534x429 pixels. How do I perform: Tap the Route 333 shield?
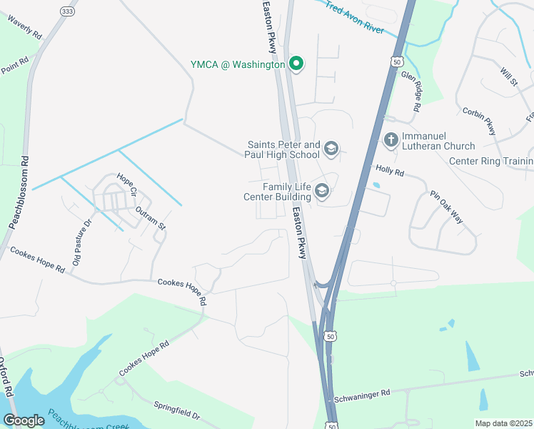pyautogui.click(x=67, y=12)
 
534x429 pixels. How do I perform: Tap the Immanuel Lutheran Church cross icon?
pyautogui.click(x=391, y=139)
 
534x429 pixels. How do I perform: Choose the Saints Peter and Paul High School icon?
pyautogui.click(x=331, y=148)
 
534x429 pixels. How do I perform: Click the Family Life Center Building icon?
pyautogui.click(x=322, y=189)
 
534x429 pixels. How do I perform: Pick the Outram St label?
pyautogui.click(x=150, y=217)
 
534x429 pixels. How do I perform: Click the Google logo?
pyautogui.click(x=24, y=420)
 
